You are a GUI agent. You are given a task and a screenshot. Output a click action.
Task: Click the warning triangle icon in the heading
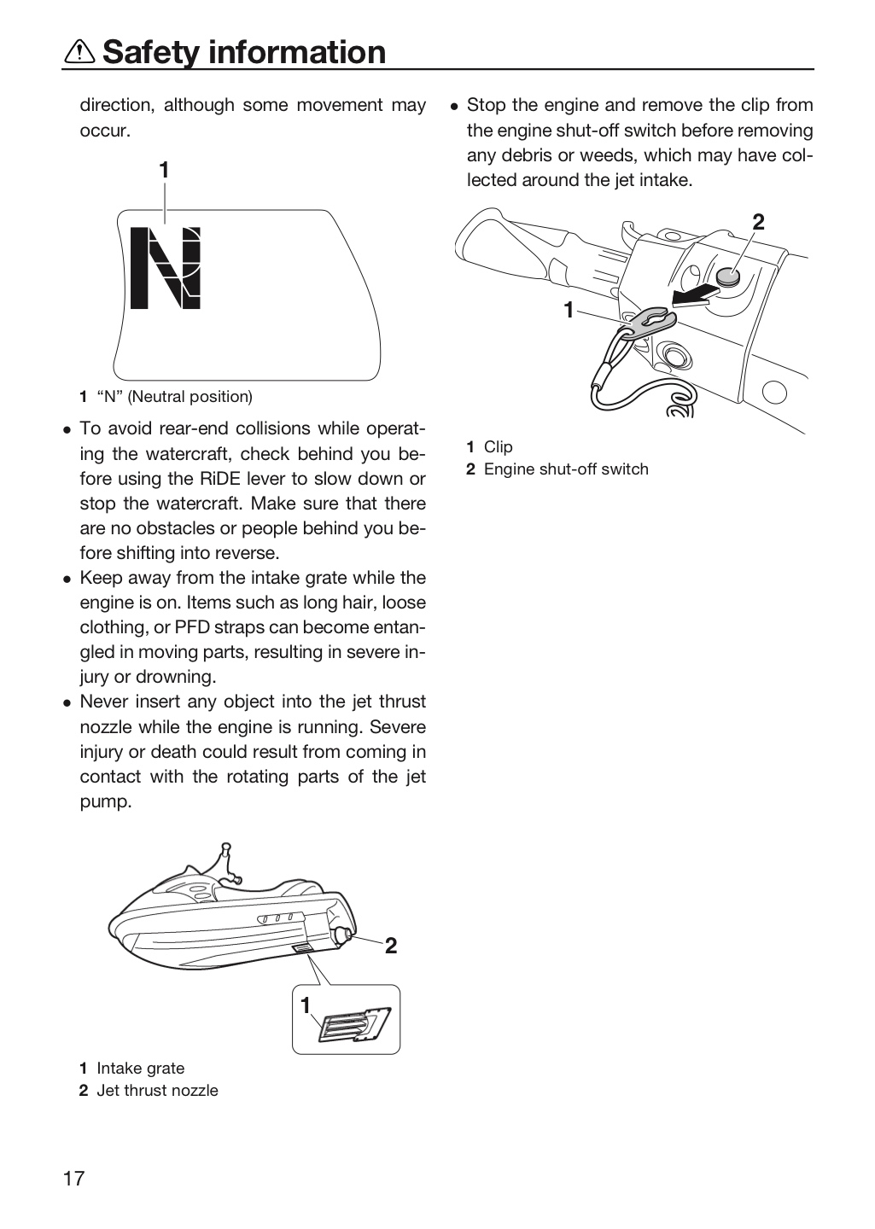pyautogui.click(x=79, y=52)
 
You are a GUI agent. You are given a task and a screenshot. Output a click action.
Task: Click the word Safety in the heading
pyautogui.click(x=152, y=52)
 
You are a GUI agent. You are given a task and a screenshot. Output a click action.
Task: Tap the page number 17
pyautogui.click(x=74, y=1178)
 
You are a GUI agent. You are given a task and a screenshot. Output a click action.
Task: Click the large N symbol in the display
pyautogui.click(x=166, y=267)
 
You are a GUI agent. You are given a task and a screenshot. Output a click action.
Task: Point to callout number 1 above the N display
pyautogui.click(x=164, y=171)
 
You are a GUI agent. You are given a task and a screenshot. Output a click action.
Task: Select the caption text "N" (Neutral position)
pyautogui.click(x=174, y=396)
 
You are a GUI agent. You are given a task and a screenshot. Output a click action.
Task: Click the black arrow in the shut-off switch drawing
pyautogui.click(x=694, y=295)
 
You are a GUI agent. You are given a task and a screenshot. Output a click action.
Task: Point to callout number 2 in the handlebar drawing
pyautogui.click(x=758, y=222)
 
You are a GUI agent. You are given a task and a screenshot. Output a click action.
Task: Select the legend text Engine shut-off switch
pyautogui.click(x=566, y=469)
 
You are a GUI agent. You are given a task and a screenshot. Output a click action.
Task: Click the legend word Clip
pyautogui.click(x=498, y=446)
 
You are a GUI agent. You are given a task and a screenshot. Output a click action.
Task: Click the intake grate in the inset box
pyautogui.click(x=354, y=1024)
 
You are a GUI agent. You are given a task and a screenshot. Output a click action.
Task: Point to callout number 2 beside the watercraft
pyautogui.click(x=390, y=946)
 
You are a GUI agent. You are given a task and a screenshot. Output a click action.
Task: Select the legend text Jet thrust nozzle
pyautogui.click(x=157, y=1090)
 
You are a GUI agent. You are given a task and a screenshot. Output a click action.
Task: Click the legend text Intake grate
pyautogui.click(x=141, y=1068)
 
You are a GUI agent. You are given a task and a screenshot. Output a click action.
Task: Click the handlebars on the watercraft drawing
pyautogui.click(x=228, y=863)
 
